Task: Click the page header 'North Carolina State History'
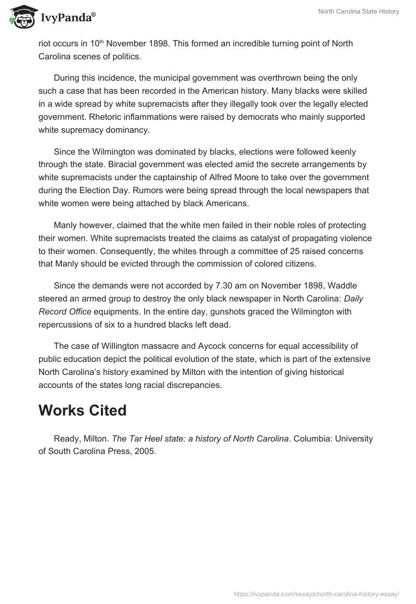358,11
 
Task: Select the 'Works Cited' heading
82,410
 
